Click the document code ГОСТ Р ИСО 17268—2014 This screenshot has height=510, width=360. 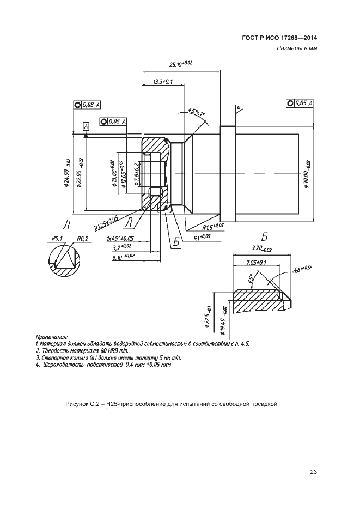(x=279, y=38)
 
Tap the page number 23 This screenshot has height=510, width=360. (x=313, y=472)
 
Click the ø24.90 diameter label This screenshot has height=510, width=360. (x=66, y=173)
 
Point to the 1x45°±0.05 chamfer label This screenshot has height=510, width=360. (x=120, y=239)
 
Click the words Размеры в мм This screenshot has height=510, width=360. (x=297, y=48)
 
